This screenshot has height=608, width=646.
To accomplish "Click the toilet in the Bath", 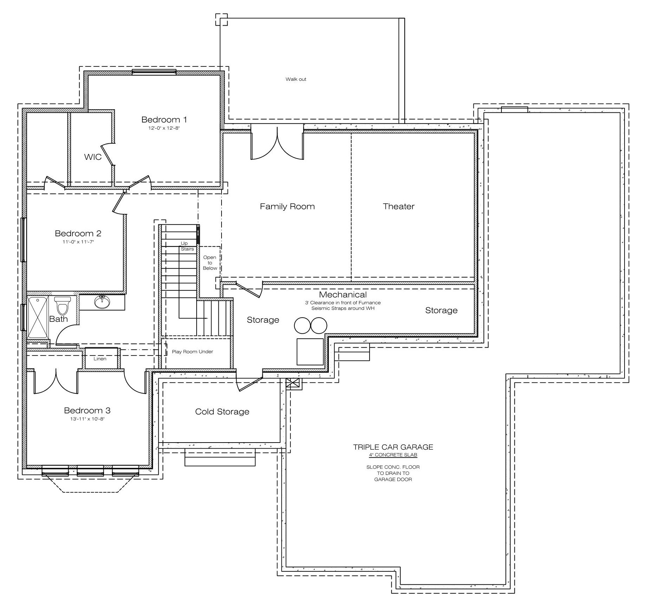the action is coord(63,305).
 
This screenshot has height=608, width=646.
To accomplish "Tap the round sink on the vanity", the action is coord(102,302).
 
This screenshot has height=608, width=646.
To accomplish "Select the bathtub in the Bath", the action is coord(38,318).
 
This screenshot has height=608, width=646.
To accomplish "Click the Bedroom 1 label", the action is coord(164,120).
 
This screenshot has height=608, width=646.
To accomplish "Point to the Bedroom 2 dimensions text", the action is coord(78,242).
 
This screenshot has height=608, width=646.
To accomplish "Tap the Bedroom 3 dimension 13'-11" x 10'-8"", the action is coord(87,419).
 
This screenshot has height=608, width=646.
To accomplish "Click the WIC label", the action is coord(93,157).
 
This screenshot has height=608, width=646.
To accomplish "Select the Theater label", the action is coord(399,207).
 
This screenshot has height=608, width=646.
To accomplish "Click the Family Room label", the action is coord(287,207).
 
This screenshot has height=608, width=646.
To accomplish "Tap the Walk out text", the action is coord(296,79).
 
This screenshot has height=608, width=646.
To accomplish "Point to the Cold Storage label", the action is coord(222,412).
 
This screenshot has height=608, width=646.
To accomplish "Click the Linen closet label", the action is coord(100,359).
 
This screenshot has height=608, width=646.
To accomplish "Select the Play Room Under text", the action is coord(192,352).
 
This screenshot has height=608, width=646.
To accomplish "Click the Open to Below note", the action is coord(210,263).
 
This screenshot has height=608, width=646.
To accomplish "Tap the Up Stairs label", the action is coord(187,246).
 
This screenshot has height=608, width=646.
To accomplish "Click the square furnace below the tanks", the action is coord(310,352).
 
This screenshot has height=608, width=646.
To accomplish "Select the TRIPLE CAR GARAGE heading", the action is coord(393,447).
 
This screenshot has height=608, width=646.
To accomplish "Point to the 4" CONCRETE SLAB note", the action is coord(393,455).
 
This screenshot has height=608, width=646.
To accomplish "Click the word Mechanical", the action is coord(343,295).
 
